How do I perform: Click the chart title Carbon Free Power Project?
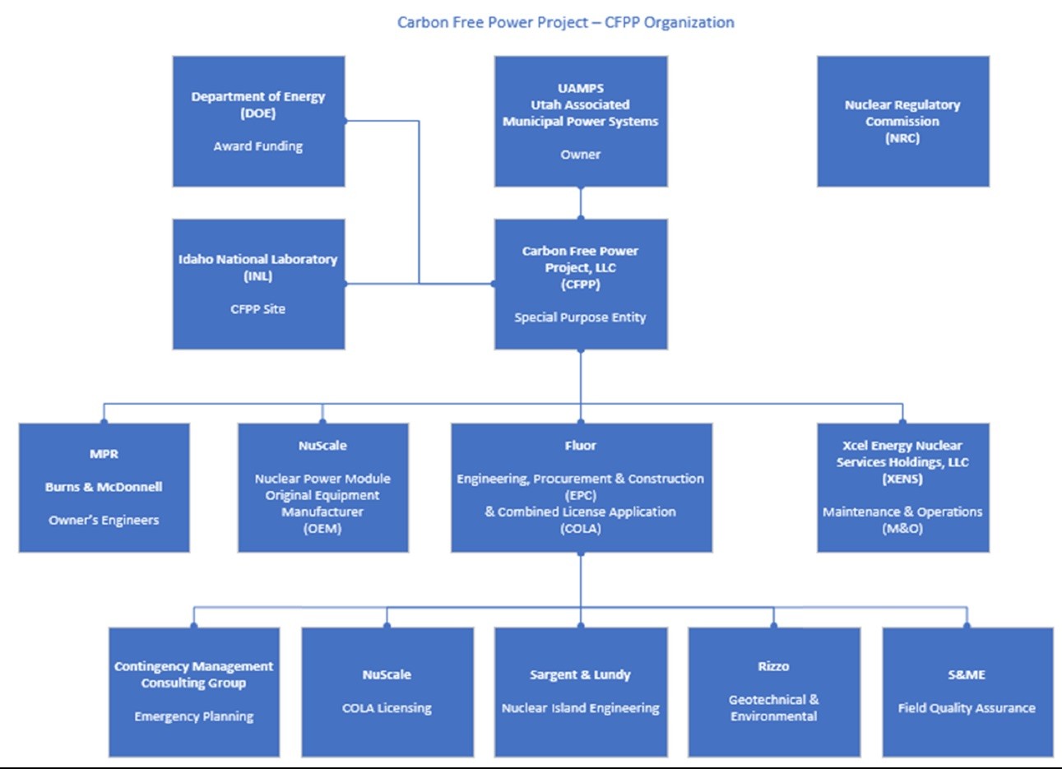coord(493,22)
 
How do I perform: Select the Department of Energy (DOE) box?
coord(258,122)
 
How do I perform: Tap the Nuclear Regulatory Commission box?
coord(902,122)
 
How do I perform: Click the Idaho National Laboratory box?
coord(258,284)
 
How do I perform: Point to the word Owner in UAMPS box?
coord(580,155)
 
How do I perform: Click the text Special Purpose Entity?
coord(580,317)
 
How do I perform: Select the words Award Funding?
coord(258,146)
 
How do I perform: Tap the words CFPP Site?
coord(258,309)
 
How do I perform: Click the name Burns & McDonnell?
coord(104,487)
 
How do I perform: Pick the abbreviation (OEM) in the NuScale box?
coord(322,529)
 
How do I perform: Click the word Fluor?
coord(580,446)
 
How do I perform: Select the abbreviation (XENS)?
coord(902,479)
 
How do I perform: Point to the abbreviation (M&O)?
coord(902,529)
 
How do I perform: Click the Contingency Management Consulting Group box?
coord(194,692)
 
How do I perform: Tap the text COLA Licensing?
coord(387,708)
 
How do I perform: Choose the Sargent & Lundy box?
coord(581,692)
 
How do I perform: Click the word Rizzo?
coord(773,666)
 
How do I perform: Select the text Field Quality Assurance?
coord(967,708)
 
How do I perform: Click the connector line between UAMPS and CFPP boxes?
coord(581,203)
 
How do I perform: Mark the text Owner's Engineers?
coord(104,520)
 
